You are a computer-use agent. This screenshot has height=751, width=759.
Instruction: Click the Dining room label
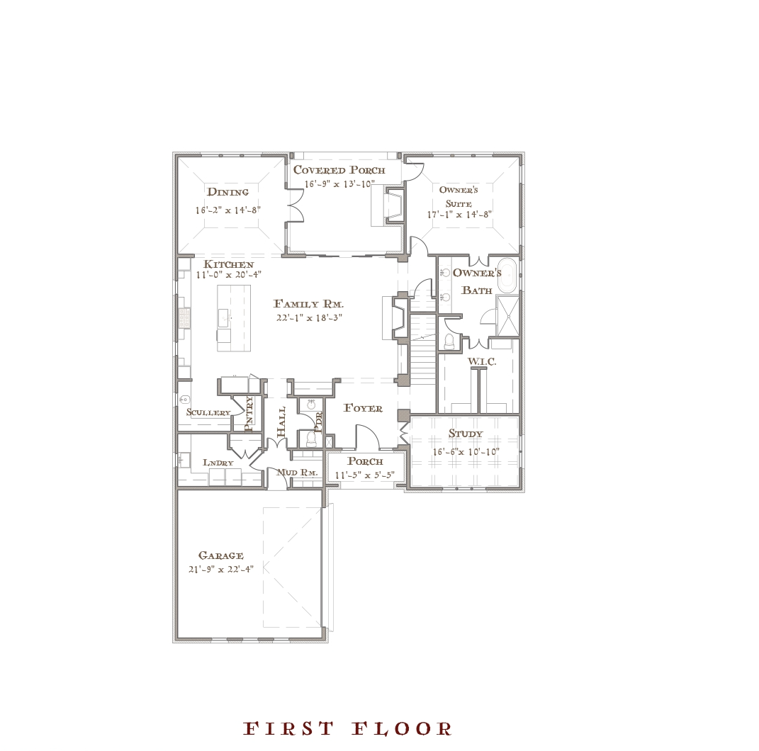point(227,192)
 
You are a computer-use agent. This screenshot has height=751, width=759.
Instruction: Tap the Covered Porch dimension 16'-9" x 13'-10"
point(339,184)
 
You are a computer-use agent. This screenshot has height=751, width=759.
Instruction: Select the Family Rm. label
point(308,305)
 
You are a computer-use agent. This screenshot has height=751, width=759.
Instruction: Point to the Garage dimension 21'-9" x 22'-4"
point(220,570)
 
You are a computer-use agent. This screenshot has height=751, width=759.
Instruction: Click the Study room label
point(465,434)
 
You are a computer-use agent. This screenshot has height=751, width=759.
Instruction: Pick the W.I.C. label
point(482,361)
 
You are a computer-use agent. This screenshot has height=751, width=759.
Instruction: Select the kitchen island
point(234,318)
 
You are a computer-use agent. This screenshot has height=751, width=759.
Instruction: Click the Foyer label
point(363,408)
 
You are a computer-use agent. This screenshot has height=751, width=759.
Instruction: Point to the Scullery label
point(208,413)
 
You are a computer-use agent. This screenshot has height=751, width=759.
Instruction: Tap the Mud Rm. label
point(297,473)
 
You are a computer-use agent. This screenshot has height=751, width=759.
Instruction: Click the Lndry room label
point(218,463)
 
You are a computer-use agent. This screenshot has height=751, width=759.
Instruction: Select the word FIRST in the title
point(288,728)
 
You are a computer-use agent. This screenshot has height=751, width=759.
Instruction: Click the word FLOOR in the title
point(401,728)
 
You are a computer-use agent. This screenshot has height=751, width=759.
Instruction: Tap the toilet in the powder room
point(311,439)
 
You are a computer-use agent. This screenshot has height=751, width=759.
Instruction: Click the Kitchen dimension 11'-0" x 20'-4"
point(228,275)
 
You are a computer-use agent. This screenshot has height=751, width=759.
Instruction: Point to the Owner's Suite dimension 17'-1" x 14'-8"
point(459,215)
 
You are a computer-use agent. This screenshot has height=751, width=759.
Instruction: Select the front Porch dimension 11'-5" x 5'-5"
point(365,475)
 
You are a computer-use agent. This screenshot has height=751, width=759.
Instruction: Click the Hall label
point(281,422)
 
